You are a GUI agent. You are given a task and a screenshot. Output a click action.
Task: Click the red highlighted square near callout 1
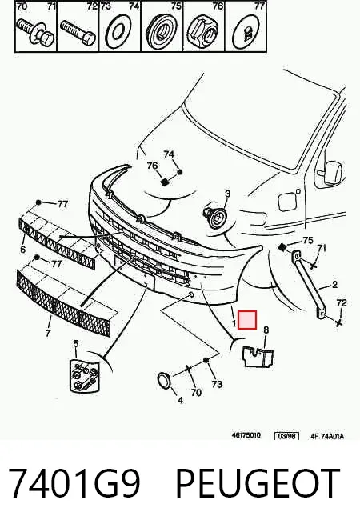(247, 320)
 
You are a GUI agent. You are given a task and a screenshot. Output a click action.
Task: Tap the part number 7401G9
(74, 482)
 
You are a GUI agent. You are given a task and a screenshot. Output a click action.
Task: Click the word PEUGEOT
(258, 482)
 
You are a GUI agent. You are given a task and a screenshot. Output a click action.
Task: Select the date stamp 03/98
(286, 436)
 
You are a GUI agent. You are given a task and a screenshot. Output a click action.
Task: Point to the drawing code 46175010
(246, 435)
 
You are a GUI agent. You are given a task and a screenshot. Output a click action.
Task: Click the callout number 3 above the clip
(228, 194)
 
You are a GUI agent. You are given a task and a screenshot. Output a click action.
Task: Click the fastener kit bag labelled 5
(85, 376)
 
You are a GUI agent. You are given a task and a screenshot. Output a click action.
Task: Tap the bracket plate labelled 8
(258, 356)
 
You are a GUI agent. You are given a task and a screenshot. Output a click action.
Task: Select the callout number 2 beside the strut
(334, 285)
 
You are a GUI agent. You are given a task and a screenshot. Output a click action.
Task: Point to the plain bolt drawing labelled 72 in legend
(78, 33)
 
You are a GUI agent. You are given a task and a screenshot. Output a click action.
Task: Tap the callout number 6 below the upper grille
(23, 250)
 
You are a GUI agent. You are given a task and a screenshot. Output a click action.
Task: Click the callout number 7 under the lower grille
(48, 334)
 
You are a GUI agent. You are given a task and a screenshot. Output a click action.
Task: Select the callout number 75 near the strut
(308, 241)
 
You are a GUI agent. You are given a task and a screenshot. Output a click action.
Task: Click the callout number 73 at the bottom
(218, 384)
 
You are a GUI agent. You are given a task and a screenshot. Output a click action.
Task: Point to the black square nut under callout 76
(164, 182)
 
